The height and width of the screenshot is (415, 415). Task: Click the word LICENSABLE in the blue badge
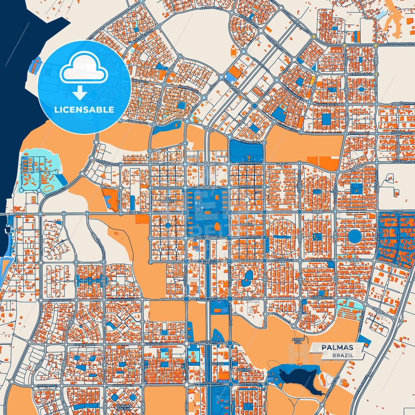tap(84, 110)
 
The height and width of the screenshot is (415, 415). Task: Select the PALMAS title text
tap(337, 348)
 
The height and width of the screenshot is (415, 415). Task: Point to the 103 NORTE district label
tap(168, 200)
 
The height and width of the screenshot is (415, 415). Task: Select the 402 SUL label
tap(217, 364)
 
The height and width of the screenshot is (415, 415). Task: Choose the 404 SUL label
tap(244, 370)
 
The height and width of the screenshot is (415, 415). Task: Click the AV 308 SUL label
tap(298, 341)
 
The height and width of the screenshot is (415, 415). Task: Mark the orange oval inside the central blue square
tap(217, 227)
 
